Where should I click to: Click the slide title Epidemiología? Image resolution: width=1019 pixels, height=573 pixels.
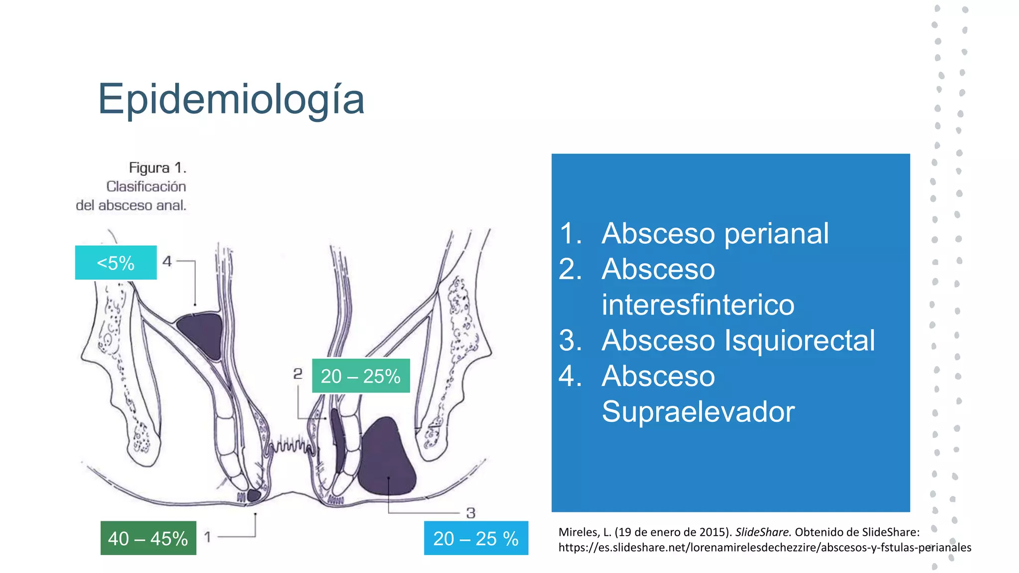point(231,99)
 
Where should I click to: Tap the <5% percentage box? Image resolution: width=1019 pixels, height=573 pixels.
point(115,263)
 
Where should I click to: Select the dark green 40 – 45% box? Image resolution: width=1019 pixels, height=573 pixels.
point(148,538)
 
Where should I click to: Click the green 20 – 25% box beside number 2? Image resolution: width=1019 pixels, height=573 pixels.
point(361,376)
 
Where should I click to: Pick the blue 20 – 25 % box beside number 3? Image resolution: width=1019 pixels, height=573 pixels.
point(476,538)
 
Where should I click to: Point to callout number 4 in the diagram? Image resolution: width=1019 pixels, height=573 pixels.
point(167,261)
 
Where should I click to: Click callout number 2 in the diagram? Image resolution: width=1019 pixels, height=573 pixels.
point(298,374)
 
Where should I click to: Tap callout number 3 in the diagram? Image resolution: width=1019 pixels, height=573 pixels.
point(471,513)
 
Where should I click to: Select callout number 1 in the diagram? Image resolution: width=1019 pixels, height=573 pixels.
point(207,537)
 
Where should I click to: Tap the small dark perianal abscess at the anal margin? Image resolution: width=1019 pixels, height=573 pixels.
point(254,495)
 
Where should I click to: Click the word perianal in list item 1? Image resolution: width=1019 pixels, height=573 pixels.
point(776,234)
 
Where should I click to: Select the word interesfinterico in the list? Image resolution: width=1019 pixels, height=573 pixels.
point(698,305)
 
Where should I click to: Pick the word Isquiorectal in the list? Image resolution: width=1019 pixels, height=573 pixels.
point(799,341)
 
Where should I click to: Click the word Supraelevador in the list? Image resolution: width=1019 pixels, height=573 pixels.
point(698,412)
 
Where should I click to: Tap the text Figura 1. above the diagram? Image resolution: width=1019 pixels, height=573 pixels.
point(157,168)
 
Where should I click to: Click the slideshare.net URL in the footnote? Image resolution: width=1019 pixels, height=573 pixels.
point(764,548)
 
